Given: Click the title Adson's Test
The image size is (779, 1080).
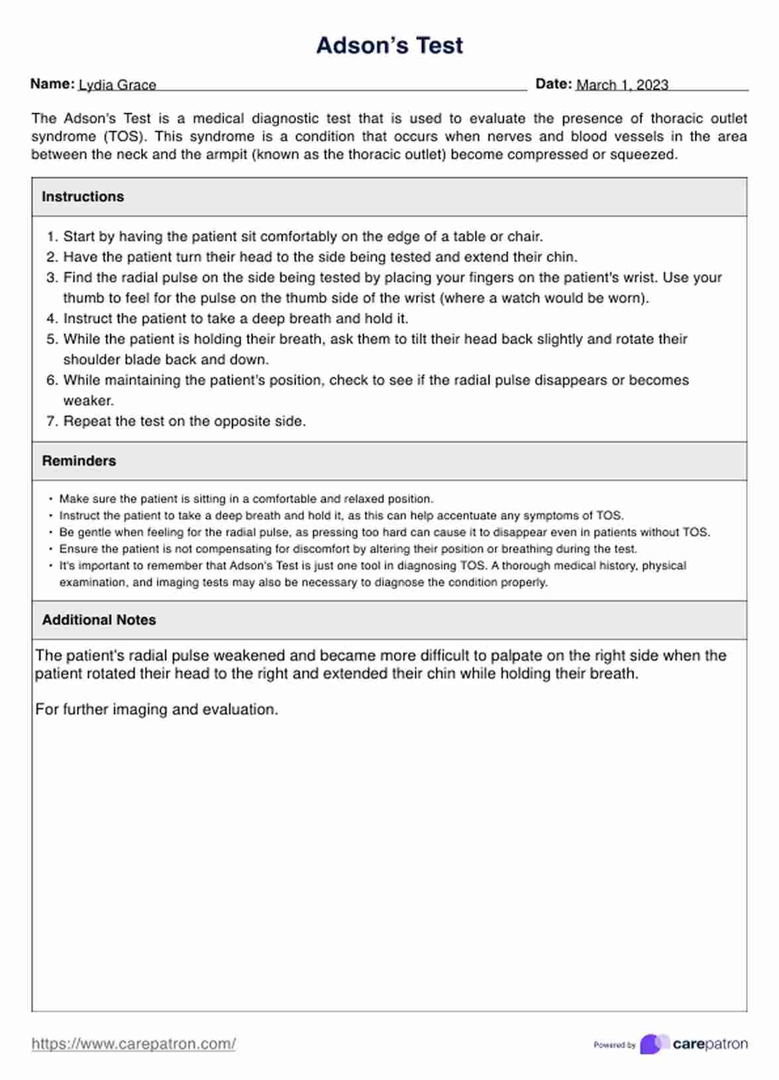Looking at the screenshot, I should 389,45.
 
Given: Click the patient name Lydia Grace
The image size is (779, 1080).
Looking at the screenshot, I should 117,85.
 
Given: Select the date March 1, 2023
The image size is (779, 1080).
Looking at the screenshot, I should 622,85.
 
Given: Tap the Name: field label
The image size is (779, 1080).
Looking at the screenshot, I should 52,84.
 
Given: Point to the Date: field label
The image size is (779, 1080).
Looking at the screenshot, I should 553,84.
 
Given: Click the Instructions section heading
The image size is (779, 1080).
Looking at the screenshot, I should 83,197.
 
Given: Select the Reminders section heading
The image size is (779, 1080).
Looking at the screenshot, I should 79,461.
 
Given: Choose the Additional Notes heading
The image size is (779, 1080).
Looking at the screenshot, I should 99,620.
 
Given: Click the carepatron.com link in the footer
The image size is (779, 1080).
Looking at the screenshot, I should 134,1044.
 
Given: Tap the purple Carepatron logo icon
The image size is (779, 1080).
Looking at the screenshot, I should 654,1044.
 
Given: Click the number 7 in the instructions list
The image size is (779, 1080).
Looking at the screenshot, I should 52,421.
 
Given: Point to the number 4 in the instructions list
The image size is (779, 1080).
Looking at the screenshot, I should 52,319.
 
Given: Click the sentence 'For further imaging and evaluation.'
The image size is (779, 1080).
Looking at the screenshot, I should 157,710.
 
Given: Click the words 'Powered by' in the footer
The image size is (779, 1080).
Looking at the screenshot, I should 614,1045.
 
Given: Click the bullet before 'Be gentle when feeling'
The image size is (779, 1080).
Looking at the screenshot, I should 51,533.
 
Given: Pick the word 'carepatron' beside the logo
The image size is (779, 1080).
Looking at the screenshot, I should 710,1044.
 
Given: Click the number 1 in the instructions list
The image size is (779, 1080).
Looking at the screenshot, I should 52,237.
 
